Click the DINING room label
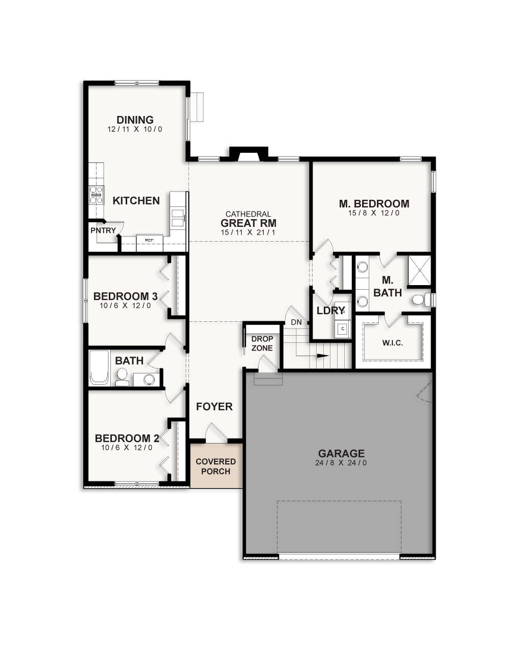[135, 120]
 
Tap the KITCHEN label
[136, 200]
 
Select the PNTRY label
[103, 230]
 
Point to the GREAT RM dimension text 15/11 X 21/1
[248, 232]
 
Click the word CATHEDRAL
[248, 214]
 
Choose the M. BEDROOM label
[374, 203]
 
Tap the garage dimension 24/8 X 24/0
[341, 463]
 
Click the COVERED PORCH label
[216, 466]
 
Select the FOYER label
[215, 407]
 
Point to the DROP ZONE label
[262, 343]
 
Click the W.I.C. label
[392, 343]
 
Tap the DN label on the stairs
[296, 322]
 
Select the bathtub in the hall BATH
[100, 367]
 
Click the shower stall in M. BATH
[419, 270]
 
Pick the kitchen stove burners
[96, 195]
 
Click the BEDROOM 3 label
[125, 296]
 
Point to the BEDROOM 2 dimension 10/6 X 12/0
[127, 448]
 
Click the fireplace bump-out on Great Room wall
[249, 154]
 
